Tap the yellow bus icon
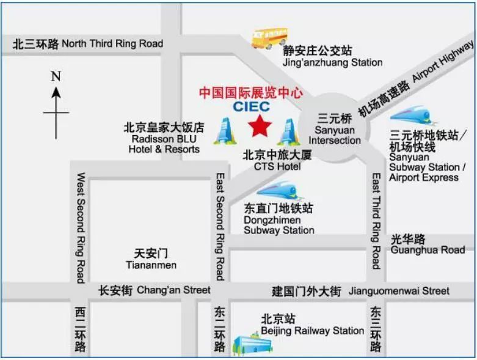[x=269, y=38]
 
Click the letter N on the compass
[x=56, y=77]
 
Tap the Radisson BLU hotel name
[x=164, y=139]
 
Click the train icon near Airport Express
[x=413, y=116]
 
